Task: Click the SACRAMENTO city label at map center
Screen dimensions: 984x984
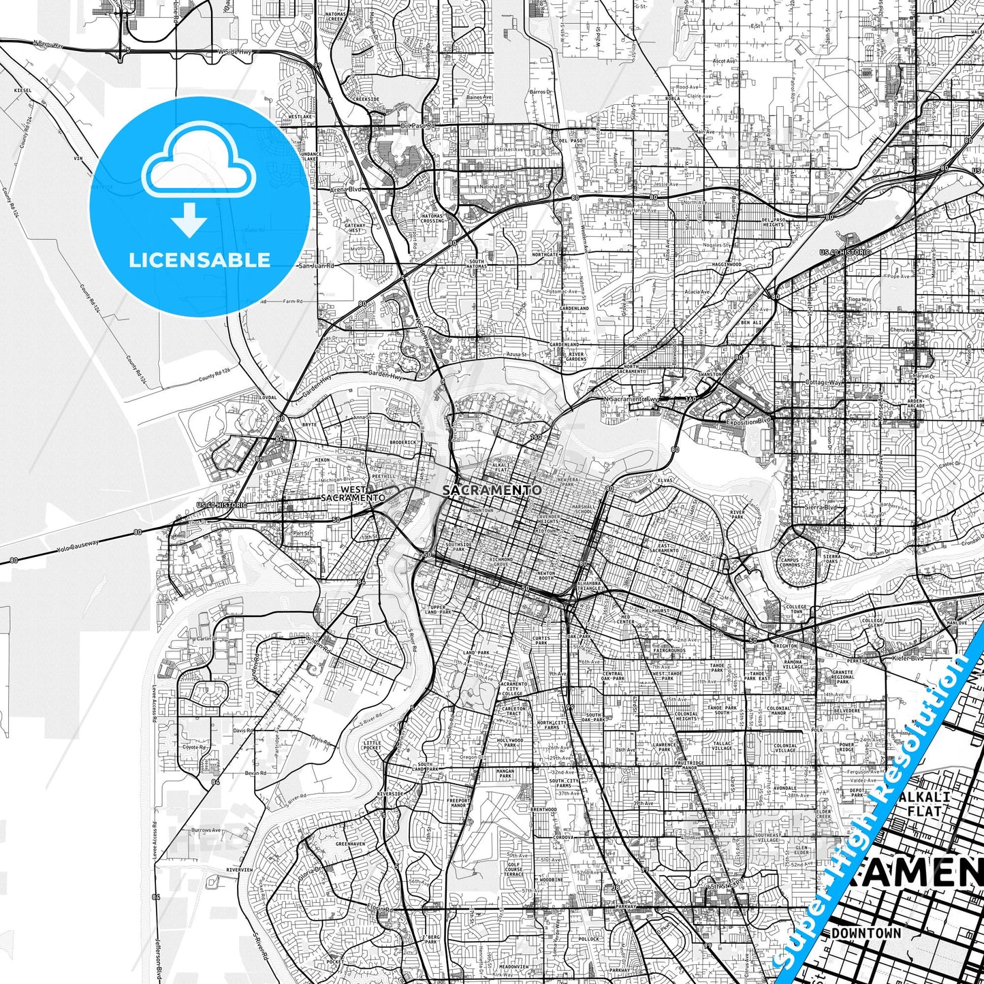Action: pos(492,490)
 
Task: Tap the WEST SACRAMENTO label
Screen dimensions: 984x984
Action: pos(353,494)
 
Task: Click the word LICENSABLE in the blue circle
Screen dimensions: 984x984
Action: pos(200,259)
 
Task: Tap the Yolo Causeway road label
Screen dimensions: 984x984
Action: pos(79,545)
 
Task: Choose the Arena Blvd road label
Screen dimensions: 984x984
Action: pos(347,189)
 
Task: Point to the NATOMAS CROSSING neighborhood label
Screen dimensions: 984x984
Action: pos(432,219)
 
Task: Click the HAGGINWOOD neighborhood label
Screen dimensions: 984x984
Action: pos(727,264)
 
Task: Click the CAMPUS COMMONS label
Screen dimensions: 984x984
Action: pos(791,562)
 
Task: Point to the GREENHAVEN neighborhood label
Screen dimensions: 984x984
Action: pos(351,844)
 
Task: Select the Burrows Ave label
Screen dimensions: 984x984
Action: pos(206,831)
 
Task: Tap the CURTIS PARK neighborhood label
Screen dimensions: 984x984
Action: pos(541,640)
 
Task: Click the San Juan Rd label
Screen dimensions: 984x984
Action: pos(317,266)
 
